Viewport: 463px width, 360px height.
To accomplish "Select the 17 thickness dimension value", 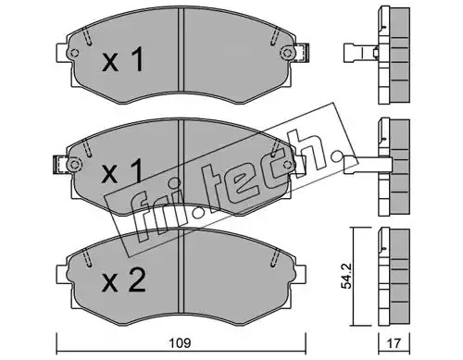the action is pyautogui.click(x=394, y=343).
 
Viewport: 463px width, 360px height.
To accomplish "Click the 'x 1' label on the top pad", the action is pyautogui.click(x=123, y=59).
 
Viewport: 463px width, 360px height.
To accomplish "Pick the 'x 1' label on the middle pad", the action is pyautogui.click(x=123, y=170).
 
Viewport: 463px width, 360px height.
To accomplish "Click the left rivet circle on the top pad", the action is pyautogui.click(x=74, y=53).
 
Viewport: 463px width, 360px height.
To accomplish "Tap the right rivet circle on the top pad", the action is pyautogui.click(x=288, y=53).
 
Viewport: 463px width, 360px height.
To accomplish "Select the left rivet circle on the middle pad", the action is pyautogui.click(x=74, y=165).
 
